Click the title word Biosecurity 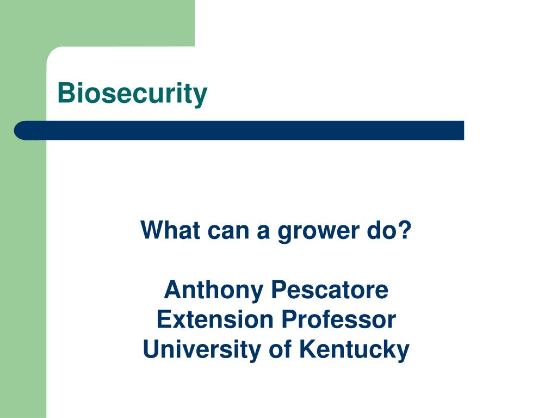pyautogui.click(x=132, y=94)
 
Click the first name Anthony pyautogui.click(x=213, y=291)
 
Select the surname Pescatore pyautogui.click(x=330, y=290)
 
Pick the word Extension pyautogui.click(x=215, y=319)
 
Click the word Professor pyautogui.click(x=339, y=319)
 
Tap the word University pyautogui.click(x=202, y=350)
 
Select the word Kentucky pyautogui.click(x=354, y=350)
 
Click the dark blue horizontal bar pyautogui.click(x=239, y=131)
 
